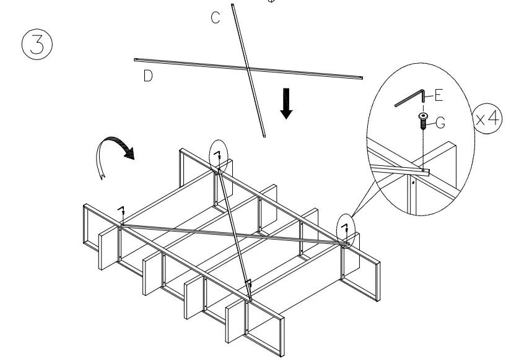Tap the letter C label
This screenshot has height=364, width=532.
pyautogui.click(x=215, y=18)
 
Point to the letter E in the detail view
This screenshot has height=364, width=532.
pyautogui.click(x=439, y=95)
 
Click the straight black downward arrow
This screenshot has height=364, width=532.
pyautogui.click(x=286, y=104)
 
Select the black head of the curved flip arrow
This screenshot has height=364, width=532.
pyautogui.click(x=129, y=152)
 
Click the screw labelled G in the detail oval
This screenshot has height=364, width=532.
pyautogui.click(x=423, y=120)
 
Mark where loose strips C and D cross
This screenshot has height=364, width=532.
pyautogui.click(x=246, y=68)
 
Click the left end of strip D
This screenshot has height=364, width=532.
pyautogui.click(x=136, y=60)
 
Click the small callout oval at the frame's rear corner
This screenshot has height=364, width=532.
pyautogui.click(x=218, y=155)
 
